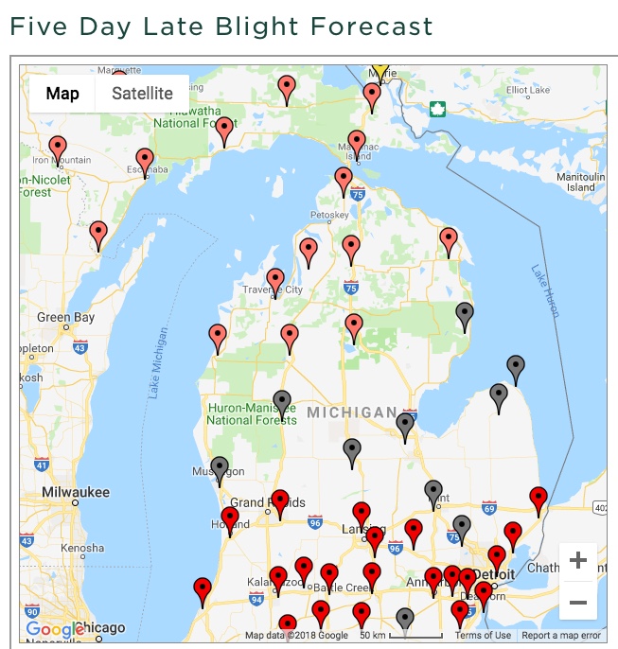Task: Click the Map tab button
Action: coord(62,94)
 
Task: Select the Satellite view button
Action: coord(142,94)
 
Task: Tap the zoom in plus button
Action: coord(577,561)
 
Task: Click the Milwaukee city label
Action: coord(76,492)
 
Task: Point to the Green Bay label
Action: coord(65,318)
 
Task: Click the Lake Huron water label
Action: coord(546,289)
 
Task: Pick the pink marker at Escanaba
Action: coord(145,161)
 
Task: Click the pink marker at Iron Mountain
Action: coord(58,149)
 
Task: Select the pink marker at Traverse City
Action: coord(274,280)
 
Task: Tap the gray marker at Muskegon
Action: coord(220,467)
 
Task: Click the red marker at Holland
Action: coord(230,518)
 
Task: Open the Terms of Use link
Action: coord(483,636)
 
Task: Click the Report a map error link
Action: coord(561,636)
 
